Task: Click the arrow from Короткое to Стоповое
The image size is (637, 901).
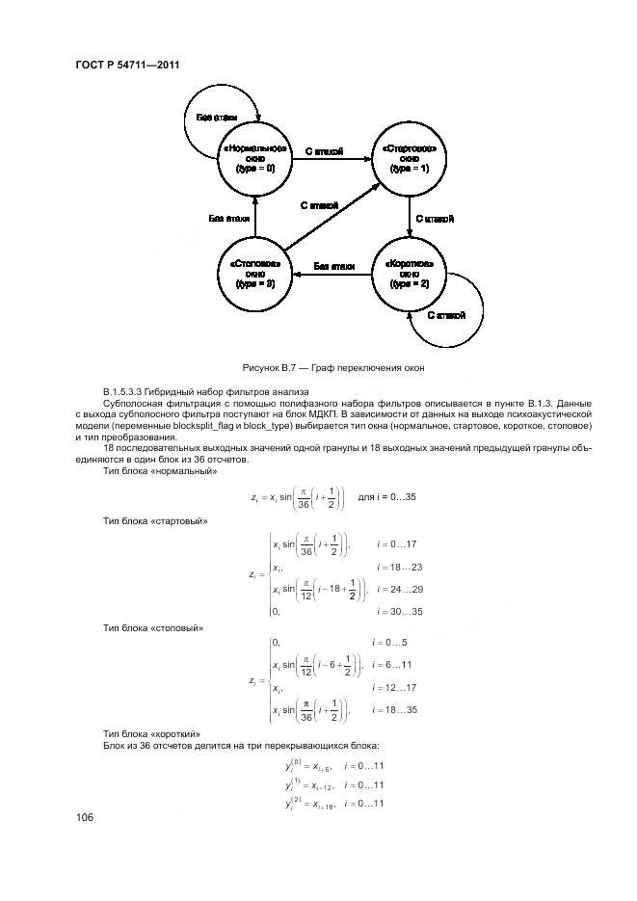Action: click(333, 275)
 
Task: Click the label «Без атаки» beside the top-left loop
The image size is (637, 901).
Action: click(217, 118)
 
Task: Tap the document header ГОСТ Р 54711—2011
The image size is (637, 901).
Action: click(128, 66)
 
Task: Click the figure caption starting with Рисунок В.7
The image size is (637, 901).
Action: click(333, 368)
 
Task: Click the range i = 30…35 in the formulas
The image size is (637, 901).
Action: click(400, 611)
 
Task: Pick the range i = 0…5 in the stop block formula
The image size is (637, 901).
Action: click(390, 642)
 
